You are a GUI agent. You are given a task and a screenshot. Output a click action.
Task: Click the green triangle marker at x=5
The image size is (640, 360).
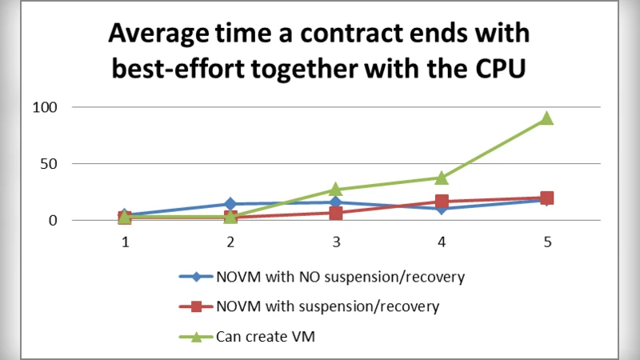(547, 118)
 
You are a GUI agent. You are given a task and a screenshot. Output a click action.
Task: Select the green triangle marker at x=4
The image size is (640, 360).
(442, 177)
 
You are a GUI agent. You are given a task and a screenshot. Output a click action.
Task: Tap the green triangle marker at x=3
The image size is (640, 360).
(336, 190)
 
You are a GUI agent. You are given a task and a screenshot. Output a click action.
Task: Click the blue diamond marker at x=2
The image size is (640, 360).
(230, 204)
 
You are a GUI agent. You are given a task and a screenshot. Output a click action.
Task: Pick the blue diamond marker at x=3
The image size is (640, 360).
(336, 202)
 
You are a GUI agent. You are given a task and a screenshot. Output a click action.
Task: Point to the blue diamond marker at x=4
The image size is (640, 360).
(442, 209)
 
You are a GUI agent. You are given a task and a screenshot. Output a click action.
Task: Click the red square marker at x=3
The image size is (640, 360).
(336, 214)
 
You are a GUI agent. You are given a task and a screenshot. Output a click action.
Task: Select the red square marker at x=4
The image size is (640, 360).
(442, 202)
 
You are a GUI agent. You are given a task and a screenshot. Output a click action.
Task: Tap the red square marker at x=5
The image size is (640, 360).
(547, 198)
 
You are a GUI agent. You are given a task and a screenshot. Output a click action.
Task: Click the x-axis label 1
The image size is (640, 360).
(125, 240)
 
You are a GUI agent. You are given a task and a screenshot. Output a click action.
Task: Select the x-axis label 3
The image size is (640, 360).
(336, 240)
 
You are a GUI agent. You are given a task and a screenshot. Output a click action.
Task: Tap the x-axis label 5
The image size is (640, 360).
(547, 240)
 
